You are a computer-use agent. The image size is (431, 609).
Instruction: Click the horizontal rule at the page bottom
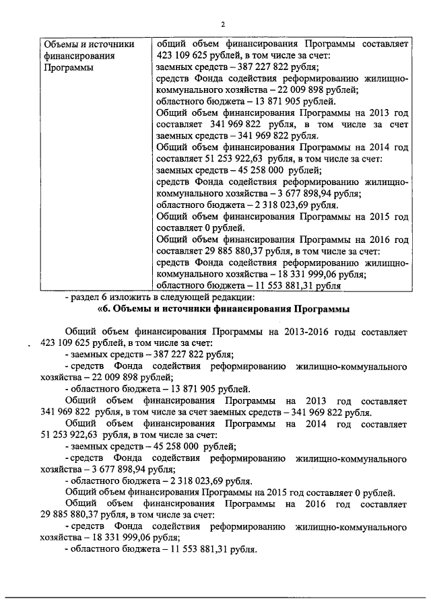215,596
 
